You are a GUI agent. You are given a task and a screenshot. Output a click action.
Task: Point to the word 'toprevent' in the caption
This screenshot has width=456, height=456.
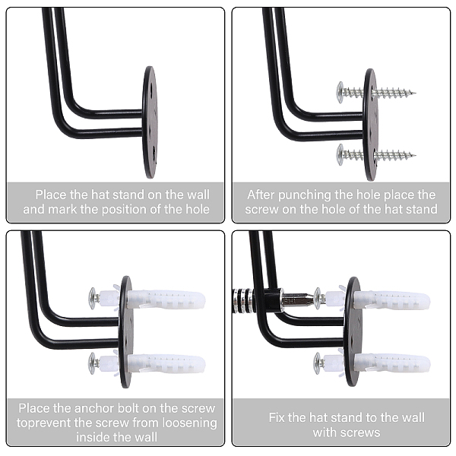tap(44, 423)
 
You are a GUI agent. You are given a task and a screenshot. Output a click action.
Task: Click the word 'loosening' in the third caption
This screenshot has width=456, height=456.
tap(190, 423)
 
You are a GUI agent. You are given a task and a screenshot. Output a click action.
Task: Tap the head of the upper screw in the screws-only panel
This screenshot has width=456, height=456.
tap(340, 92)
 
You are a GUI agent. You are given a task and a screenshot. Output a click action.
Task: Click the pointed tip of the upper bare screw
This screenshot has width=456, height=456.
tap(416, 93)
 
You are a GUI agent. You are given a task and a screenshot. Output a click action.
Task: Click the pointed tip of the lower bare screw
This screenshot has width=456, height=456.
tap(416, 155)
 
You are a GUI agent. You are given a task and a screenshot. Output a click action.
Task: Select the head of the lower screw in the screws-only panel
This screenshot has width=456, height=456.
tap(340, 155)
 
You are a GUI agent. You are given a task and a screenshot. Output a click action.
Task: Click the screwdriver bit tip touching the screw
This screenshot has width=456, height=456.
tap(312, 299)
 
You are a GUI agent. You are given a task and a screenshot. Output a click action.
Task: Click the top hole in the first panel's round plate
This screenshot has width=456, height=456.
tap(153, 87)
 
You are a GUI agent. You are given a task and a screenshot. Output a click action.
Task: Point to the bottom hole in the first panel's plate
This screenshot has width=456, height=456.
tap(154, 151)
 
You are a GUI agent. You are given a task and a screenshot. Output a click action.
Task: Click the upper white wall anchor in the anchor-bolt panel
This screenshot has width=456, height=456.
tap(166, 299)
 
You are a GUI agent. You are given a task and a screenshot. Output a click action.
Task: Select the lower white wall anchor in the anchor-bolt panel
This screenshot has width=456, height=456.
tap(166, 363)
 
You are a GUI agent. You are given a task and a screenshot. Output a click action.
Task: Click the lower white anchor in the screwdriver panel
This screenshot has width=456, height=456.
tap(391, 363)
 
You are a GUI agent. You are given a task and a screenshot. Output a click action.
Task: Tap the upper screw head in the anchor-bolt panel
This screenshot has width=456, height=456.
tap(93, 299)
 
